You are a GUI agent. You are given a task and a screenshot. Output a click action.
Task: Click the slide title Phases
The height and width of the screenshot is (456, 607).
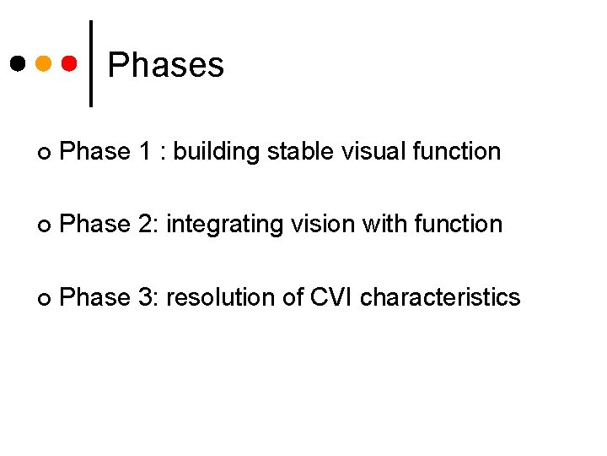[x=166, y=65]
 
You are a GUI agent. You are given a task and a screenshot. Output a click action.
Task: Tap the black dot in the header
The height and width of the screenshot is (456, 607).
[x=18, y=63]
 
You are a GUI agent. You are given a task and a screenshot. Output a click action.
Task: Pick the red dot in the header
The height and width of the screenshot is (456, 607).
[x=70, y=63]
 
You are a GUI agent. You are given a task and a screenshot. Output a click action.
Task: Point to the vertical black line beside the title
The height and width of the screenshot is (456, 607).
[x=91, y=63]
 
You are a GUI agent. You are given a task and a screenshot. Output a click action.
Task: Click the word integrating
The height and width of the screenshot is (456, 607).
[x=219, y=225]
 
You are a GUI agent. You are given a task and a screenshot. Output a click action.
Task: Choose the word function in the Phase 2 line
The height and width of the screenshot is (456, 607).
[x=454, y=225]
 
